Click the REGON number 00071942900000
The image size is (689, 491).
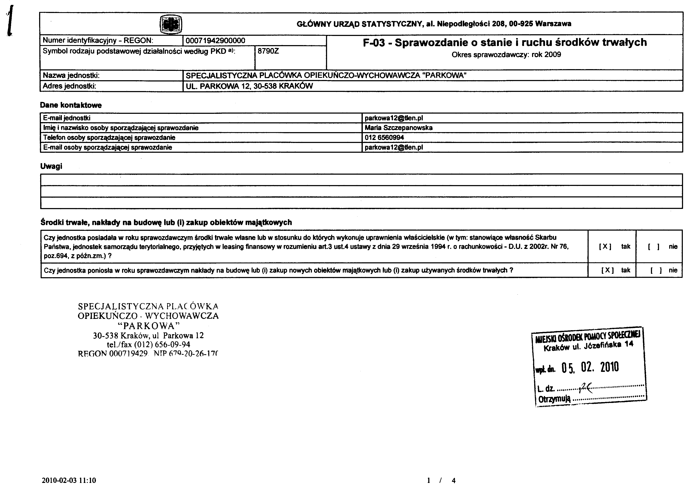pos(215,40)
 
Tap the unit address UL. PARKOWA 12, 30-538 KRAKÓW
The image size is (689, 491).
pos(249,86)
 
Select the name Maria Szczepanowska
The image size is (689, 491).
pos(399,128)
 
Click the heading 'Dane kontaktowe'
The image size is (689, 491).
pos(71,105)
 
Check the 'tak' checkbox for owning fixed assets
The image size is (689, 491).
pos(605,246)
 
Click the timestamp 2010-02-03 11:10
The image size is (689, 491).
pos(69,480)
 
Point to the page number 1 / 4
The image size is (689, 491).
pos(441,480)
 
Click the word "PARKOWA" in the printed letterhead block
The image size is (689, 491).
pos(148,326)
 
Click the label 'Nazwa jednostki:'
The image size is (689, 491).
pos(71,75)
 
